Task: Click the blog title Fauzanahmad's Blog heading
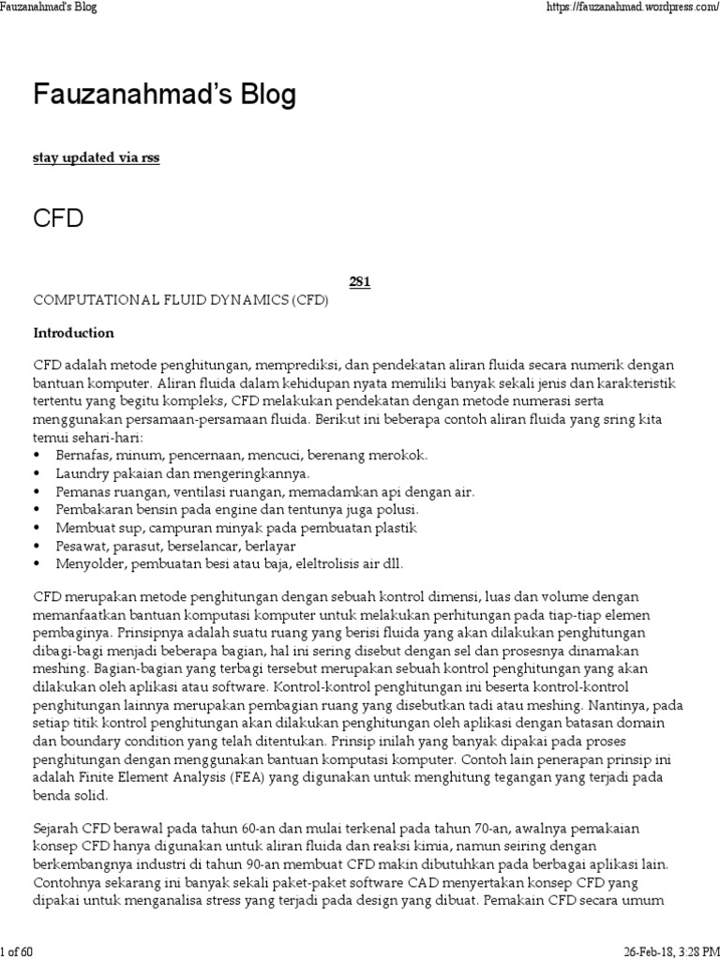point(165,95)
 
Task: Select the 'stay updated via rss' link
point(96,157)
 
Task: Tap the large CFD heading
point(59,219)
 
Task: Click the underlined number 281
point(359,282)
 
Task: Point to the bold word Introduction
point(74,333)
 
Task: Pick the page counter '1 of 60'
point(17,952)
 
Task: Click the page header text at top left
point(49,7)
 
